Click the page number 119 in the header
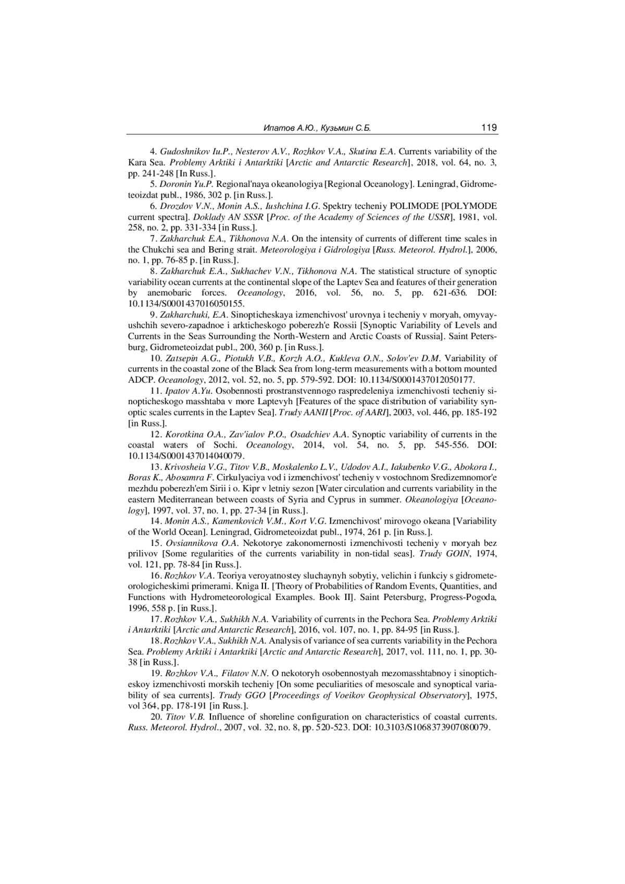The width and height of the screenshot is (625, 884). tap(489, 128)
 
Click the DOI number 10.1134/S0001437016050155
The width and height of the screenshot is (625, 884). tap(186, 304)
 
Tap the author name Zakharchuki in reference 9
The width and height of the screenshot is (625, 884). tap(185, 315)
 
